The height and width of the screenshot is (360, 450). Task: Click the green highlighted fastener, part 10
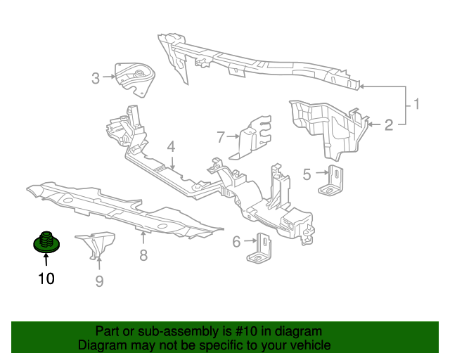[x=46, y=242]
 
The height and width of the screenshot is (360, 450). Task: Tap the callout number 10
[x=46, y=278]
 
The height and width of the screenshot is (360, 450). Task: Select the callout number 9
[x=99, y=281]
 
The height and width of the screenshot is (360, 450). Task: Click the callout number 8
[x=143, y=255]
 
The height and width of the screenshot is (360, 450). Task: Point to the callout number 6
[x=236, y=241]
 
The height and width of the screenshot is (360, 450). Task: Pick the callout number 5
[x=307, y=174]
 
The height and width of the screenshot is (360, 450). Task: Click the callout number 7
[x=220, y=137]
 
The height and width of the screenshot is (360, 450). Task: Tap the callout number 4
[x=171, y=147]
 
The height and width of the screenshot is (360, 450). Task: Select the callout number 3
[x=96, y=78]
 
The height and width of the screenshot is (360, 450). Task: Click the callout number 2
[x=389, y=125]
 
